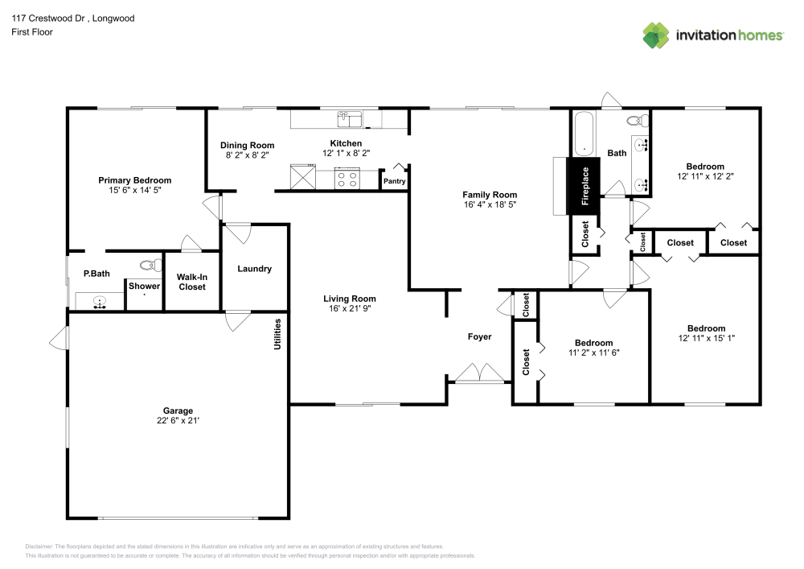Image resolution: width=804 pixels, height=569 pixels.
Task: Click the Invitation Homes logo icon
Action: [x=655, y=35]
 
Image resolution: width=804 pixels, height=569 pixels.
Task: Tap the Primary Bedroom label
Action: [x=135, y=180]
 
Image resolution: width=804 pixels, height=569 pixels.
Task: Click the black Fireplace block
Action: [x=585, y=187]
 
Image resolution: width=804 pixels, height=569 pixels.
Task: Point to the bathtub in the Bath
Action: [x=584, y=134]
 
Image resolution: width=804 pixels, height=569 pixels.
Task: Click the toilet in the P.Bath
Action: [x=148, y=265]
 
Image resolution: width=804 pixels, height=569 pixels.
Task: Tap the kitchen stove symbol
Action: [x=347, y=178]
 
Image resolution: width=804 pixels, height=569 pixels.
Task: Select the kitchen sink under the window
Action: [x=351, y=120]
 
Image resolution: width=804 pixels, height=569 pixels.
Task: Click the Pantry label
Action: [x=394, y=182]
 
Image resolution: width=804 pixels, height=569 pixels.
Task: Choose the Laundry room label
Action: [x=254, y=269]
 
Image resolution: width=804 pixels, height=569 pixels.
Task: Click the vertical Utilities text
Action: [x=278, y=334]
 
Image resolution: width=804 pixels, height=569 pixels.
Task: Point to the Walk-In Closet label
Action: [x=192, y=282]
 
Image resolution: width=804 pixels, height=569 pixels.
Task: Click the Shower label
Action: [x=145, y=286]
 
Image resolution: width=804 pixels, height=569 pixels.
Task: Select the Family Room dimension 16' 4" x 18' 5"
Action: [x=489, y=204]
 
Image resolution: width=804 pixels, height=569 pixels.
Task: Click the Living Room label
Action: [x=350, y=299]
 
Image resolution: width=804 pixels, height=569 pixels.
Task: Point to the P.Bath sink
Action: [x=99, y=303]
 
